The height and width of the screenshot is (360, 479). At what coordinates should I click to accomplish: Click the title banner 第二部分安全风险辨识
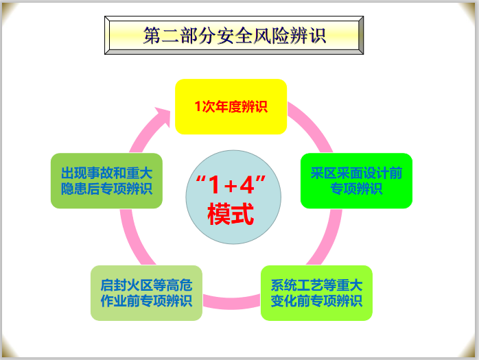(234, 35)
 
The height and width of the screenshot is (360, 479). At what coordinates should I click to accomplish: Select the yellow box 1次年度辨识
(231, 106)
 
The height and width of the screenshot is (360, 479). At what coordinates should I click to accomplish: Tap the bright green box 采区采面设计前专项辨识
(356, 180)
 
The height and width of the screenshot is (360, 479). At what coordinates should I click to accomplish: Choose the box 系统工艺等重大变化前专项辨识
(316, 293)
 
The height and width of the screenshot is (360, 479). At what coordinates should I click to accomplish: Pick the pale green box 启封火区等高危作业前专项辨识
(146, 293)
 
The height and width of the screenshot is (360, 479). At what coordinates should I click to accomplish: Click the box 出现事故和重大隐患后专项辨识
(106, 180)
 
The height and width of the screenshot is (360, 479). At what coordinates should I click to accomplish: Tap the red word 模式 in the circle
(231, 214)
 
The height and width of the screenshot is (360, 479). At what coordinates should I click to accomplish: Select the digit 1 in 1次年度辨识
(198, 107)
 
